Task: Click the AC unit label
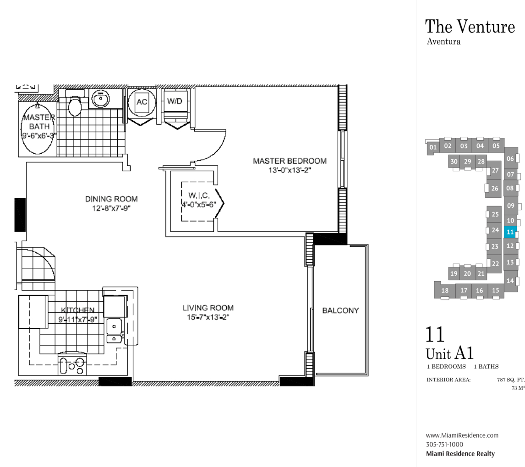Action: pos(142,102)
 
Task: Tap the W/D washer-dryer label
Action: pos(175,101)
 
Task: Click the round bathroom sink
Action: pos(100,98)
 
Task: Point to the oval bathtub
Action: pos(38,129)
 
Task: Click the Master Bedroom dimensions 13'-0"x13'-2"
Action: pos(290,170)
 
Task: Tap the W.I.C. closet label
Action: pos(199,195)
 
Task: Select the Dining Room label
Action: pos(111,199)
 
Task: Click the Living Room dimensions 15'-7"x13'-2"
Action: pos(208,317)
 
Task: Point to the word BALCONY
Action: pos(340,310)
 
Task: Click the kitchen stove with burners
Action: pos(72,364)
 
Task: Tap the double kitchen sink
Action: pos(115,331)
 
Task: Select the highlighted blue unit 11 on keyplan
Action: pos(510,232)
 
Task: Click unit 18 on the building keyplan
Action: pos(445,290)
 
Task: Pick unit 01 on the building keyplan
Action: pos(433,147)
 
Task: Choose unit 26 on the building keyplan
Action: pos(495,188)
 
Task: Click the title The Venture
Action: pos(470,27)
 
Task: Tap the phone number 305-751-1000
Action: pos(445,445)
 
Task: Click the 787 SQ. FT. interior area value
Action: pos(511,380)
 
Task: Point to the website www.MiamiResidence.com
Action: pos(462,435)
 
